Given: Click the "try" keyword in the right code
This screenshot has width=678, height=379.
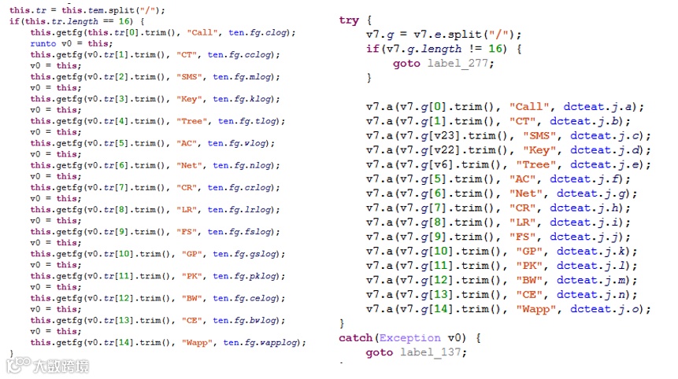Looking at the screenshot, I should (349, 20).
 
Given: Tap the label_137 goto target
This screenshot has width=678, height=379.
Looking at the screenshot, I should (433, 352).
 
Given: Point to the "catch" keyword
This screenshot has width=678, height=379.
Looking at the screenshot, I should (356, 338).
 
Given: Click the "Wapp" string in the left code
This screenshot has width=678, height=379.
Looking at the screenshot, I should (199, 343).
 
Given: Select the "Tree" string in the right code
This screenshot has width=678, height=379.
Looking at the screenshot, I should (536, 164).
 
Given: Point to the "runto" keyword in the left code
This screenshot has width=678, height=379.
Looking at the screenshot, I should (43, 44).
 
